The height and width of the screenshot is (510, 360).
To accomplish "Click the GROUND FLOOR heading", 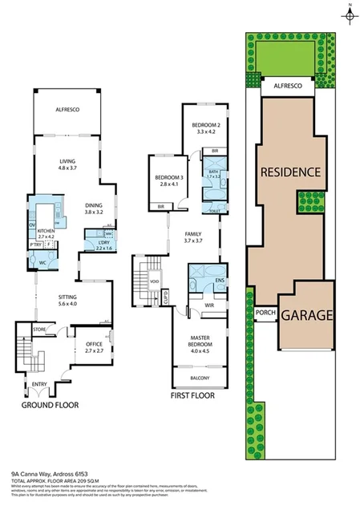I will [x=50, y=406].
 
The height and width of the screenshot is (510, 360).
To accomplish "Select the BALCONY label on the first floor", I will [x=200, y=377].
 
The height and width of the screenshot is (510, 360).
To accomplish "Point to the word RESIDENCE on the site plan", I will [x=289, y=172].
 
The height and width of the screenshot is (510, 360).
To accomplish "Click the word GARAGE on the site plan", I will [x=305, y=316].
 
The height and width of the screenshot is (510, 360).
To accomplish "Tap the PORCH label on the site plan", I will [x=265, y=313].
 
